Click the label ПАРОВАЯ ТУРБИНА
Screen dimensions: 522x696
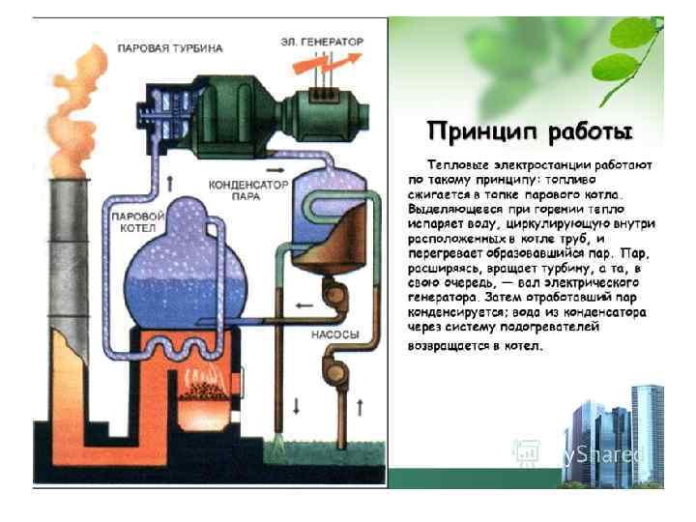(170, 46)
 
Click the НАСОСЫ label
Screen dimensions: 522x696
(335, 335)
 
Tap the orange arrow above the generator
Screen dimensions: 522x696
(330, 61)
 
